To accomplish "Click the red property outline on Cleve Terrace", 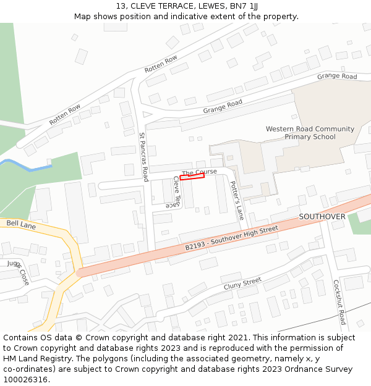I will (192, 177).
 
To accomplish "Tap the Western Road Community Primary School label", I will (310, 133).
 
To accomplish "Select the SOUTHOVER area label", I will (322, 217).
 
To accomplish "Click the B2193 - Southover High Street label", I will (232, 238).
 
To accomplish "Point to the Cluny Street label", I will (242, 283).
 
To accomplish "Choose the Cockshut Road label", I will (339, 302).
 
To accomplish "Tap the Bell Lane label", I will (21, 225).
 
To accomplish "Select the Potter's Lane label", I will (237, 201).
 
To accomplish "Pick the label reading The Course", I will (200, 172).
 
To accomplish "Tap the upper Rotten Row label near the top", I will (161, 64).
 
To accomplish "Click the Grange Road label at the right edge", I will (337, 77).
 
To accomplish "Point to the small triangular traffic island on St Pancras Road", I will (147, 114).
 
